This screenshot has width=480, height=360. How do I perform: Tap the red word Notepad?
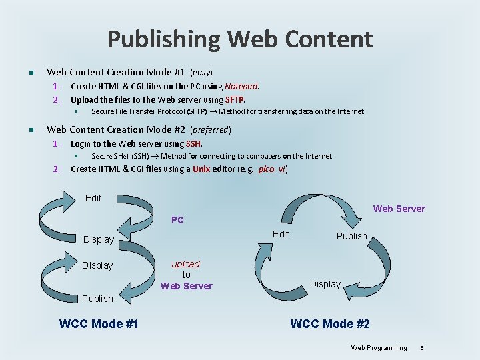pos(241,86)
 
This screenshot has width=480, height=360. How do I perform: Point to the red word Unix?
pos(201,169)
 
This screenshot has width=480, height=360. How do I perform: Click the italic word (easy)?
pos(201,72)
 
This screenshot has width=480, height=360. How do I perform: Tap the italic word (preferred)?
pos(211,129)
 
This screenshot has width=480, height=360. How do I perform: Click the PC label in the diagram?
pos(177,220)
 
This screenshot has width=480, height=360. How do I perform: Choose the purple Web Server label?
pos(399,209)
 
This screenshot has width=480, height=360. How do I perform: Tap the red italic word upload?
pos(185,264)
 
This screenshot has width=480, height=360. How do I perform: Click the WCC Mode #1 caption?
pos(99,324)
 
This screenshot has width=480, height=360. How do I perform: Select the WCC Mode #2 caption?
pos(330,324)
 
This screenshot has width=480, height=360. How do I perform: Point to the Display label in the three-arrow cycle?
pos(325,284)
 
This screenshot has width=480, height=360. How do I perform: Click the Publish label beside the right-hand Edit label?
pos(352,236)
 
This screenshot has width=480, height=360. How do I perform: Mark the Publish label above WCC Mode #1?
pos(97,299)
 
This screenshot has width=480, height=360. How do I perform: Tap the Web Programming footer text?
pos(379,347)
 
